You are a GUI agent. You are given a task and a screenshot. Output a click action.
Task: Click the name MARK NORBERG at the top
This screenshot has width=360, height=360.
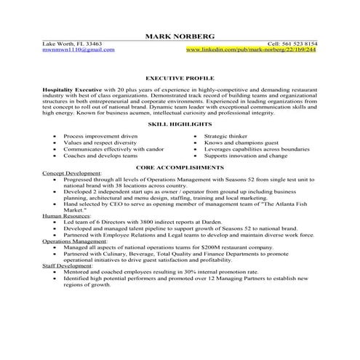[180, 36]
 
